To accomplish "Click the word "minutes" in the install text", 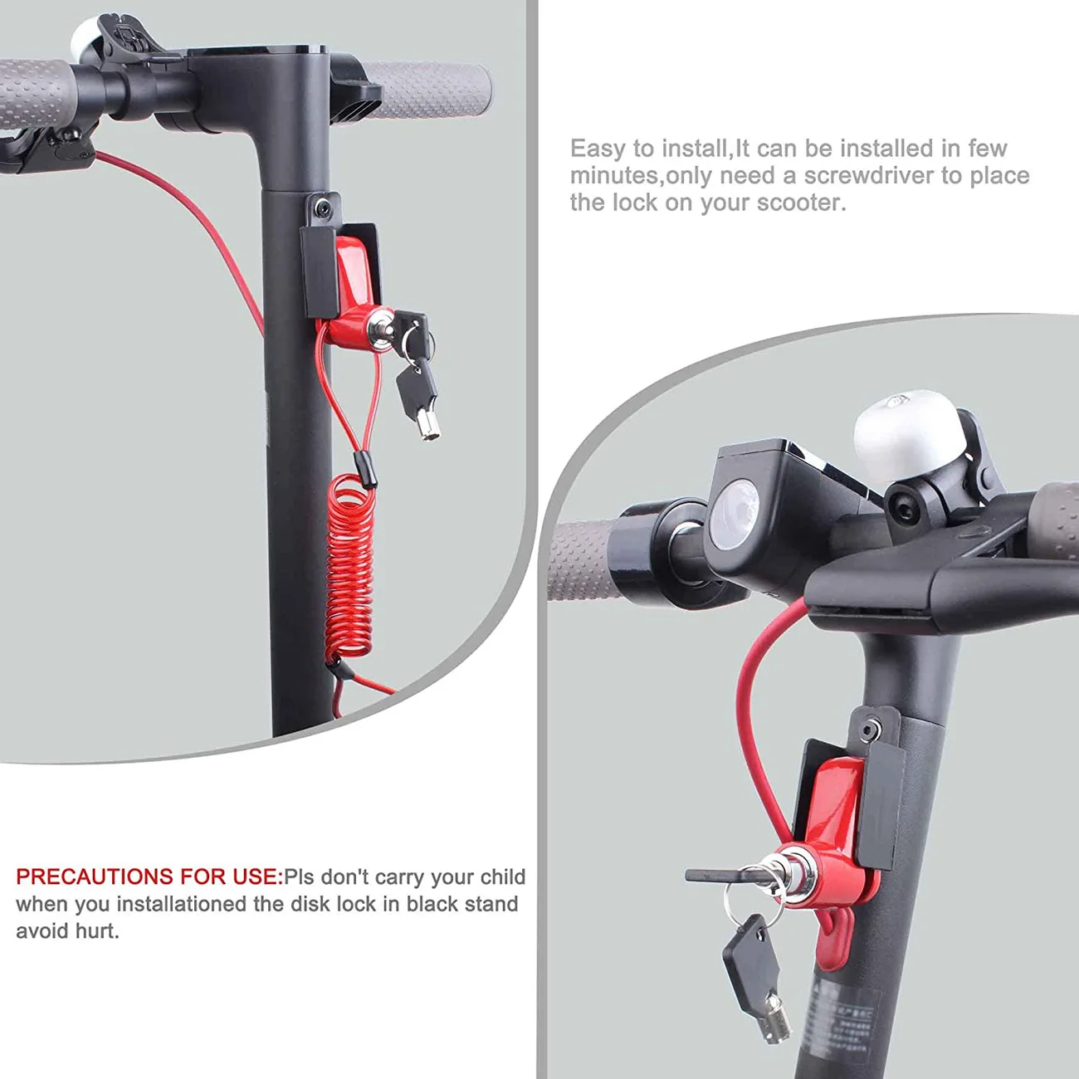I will pos(613,176).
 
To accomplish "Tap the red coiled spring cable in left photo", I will pos(349,564).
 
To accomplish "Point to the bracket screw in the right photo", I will pos(869,731).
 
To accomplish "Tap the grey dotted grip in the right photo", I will pos(581,560).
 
